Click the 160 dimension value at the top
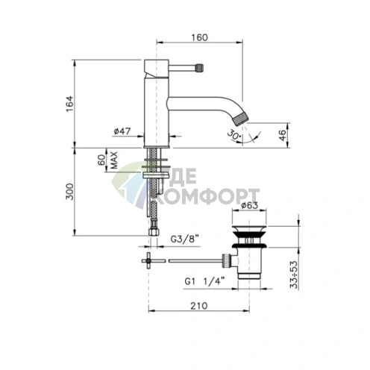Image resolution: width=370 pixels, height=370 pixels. coord(199,37)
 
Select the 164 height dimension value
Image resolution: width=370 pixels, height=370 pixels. coord(69,104)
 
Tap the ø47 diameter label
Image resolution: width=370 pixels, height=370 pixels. coord(122,131)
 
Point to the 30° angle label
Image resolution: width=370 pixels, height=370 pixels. coord(234,135)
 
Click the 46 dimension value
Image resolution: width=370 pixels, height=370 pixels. coord(282,135)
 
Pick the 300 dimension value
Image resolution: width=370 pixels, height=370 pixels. coord(69,192)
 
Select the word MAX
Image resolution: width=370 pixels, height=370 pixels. coord(113,160)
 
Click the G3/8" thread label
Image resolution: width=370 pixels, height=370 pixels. coord(185,239)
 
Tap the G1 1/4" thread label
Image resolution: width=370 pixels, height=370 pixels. coord(204,281)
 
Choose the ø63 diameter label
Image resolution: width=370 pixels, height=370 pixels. coord(250,205)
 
